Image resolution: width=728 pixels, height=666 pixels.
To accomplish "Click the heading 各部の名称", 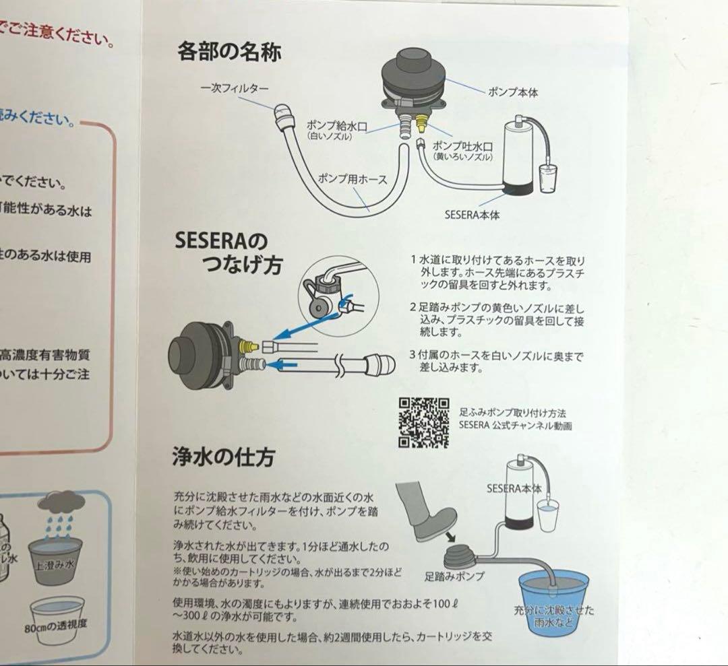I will click(229, 51).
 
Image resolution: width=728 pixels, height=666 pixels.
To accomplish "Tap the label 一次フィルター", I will click(235, 88).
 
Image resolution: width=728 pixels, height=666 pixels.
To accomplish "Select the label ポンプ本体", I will click(513, 90).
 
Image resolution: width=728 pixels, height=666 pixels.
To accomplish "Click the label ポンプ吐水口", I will click(462, 146).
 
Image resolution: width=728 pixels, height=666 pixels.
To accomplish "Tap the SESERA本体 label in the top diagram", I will click(472, 215).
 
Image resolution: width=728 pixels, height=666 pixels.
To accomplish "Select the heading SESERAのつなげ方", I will click(229, 253).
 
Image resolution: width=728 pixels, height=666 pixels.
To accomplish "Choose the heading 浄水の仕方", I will click(223, 459).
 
